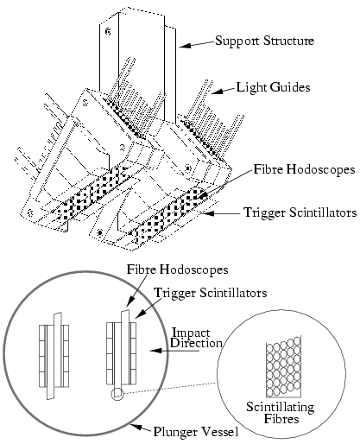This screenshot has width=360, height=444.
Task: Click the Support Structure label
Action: (264, 41)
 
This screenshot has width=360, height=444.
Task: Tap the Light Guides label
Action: (274, 87)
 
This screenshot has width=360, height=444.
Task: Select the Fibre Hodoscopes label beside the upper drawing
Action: (304, 169)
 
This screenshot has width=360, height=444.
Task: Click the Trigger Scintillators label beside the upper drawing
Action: (300, 212)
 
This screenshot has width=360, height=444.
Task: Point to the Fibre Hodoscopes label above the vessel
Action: (178, 270)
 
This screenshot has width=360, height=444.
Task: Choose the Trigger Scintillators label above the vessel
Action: (211, 293)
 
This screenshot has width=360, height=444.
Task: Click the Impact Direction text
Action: (196, 338)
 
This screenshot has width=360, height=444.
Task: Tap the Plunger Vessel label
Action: (196, 432)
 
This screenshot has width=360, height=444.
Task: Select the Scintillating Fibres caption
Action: (281, 413)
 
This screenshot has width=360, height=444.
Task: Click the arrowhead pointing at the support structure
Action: (184, 46)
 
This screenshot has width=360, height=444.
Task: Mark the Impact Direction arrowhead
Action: (155, 351)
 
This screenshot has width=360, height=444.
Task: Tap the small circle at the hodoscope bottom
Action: (117, 394)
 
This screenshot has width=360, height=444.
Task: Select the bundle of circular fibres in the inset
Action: (283, 367)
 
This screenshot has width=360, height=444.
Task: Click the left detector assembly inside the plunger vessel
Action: (54, 356)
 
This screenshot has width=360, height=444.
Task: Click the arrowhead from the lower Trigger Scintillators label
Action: (139, 314)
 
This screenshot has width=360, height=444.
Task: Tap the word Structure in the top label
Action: (288, 41)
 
